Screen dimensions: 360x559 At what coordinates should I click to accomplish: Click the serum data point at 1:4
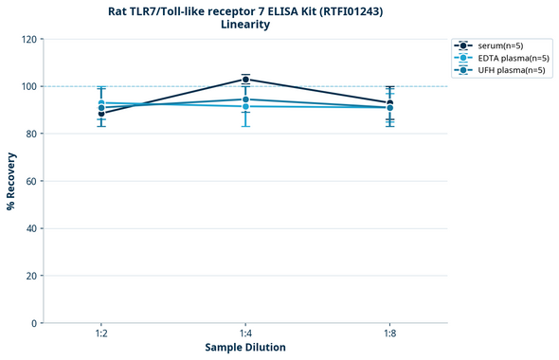(245, 80)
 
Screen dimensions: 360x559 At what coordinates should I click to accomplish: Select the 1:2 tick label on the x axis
(100, 333)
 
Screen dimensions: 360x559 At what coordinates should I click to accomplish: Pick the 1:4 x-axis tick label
(245, 333)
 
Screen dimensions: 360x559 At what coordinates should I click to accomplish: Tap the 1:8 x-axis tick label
(389, 333)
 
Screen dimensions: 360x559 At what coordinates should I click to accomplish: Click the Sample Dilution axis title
(245, 348)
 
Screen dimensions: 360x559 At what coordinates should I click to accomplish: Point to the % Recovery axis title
(10, 181)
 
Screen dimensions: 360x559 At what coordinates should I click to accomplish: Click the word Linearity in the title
(245, 25)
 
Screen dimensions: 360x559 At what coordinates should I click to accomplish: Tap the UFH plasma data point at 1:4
(245, 99)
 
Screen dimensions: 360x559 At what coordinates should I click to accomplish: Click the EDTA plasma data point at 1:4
(245, 106)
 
